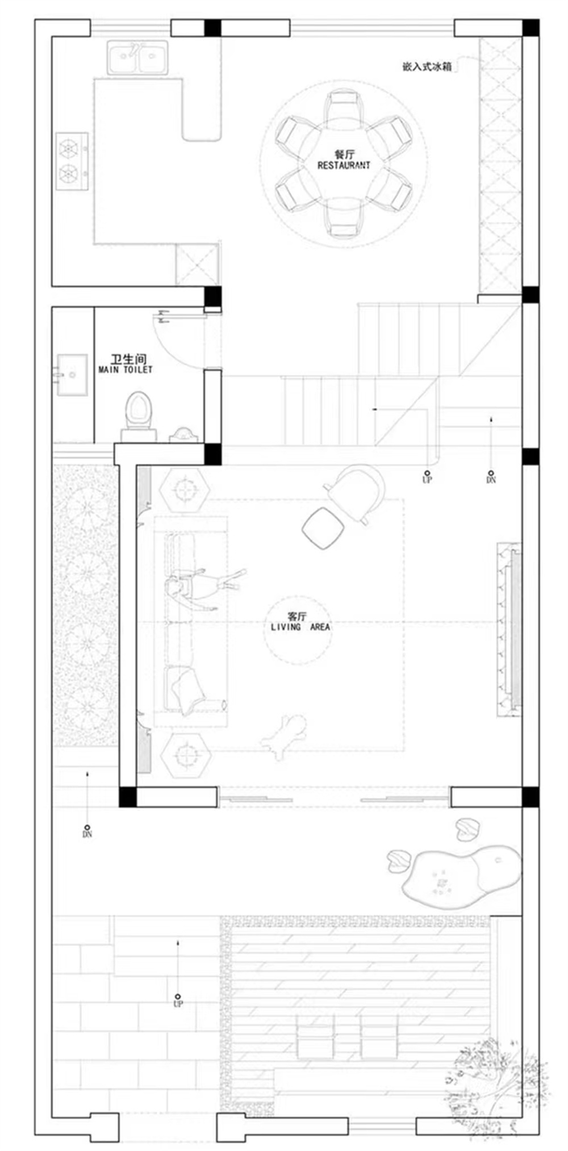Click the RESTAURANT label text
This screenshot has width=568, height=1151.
tap(343, 165)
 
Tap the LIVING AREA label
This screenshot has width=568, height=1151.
tap(300, 627)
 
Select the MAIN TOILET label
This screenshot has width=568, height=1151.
tap(126, 370)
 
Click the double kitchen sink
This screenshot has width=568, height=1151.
tap(137, 57)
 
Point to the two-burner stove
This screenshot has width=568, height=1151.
tap(72, 161)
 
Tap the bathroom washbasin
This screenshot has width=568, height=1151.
tap(72, 375)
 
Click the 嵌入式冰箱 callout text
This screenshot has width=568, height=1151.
tap(427, 66)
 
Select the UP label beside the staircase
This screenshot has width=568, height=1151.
tap(427, 480)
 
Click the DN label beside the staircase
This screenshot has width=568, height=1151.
tap(491, 480)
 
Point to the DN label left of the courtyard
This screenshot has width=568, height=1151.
tap(87, 834)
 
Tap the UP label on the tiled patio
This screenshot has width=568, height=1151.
tap(178, 1003)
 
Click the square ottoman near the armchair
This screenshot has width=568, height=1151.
tap(323, 528)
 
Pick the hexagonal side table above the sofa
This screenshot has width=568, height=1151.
tap(184, 488)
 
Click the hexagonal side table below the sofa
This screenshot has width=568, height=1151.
tap(185, 755)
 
